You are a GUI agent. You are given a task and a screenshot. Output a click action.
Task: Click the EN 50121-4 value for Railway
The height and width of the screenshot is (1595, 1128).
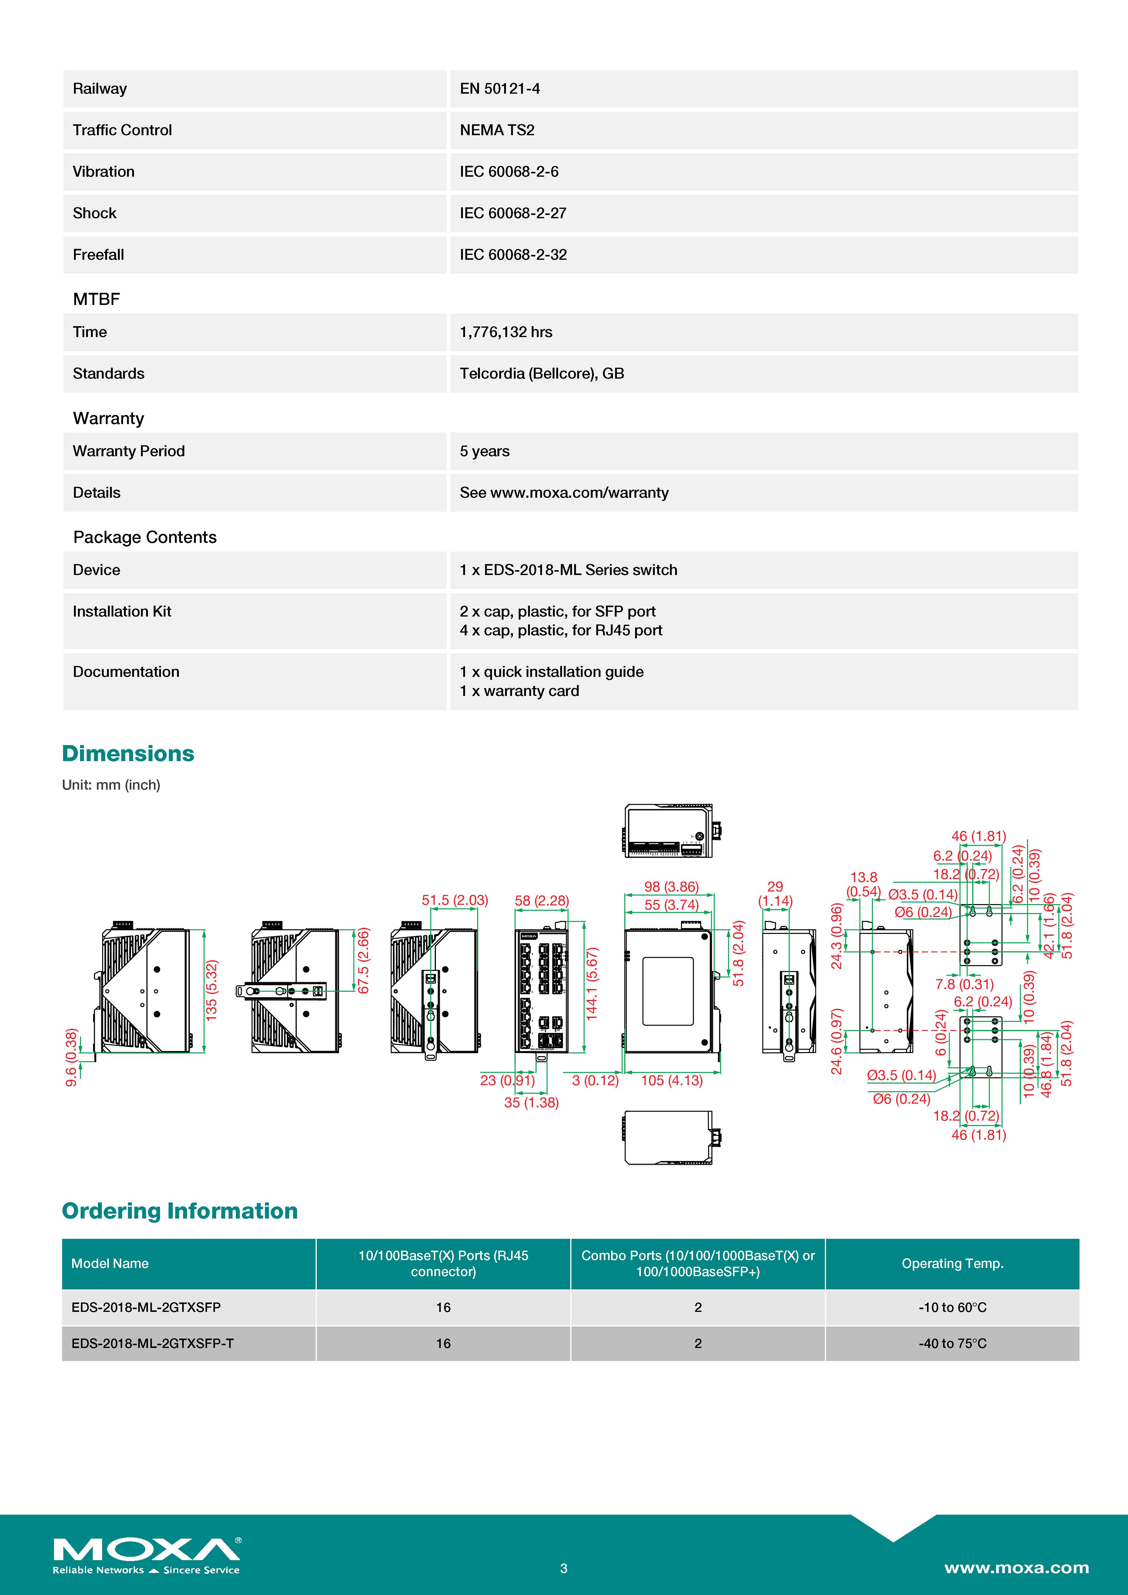click(x=499, y=89)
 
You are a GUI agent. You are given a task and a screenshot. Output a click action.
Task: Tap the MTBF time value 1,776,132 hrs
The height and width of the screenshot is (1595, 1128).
click(x=506, y=332)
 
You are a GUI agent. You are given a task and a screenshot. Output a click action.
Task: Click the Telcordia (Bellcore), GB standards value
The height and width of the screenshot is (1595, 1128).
click(x=542, y=374)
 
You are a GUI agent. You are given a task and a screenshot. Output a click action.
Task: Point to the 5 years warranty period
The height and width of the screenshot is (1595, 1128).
click(x=484, y=452)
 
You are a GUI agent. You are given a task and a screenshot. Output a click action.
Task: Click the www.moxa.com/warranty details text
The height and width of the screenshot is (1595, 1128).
click(x=579, y=493)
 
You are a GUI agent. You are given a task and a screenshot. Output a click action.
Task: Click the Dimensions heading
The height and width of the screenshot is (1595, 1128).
click(x=128, y=754)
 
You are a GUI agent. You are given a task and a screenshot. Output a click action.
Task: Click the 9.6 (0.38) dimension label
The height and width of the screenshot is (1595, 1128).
click(x=71, y=1057)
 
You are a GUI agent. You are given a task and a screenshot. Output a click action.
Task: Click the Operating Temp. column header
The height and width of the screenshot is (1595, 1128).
click(x=952, y=1264)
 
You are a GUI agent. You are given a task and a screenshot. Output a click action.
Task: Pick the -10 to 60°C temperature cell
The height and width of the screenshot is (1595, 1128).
click(x=952, y=1307)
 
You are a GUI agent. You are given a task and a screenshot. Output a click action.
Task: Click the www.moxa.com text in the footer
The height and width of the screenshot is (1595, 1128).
click(x=1016, y=1568)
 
